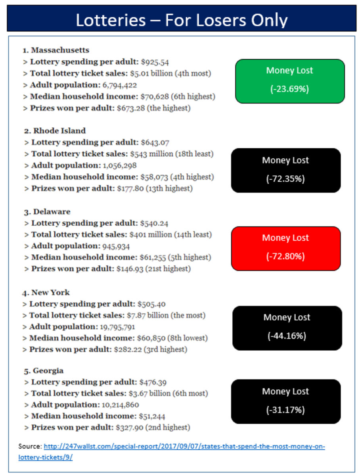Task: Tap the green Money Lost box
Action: tap(289, 81)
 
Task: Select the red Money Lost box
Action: tap(285, 248)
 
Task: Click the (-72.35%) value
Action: tap(285, 179)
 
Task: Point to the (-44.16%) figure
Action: tap(287, 336)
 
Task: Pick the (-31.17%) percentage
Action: tap(285, 410)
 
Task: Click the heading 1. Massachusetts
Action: tap(56, 50)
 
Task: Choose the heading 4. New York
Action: tap(46, 292)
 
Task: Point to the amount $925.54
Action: tap(155, 62)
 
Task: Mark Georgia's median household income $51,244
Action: tap(152, 416)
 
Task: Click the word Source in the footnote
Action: tap(30, 447)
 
